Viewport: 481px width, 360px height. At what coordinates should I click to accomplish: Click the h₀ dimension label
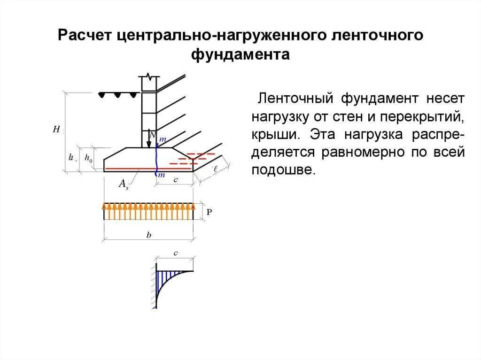click(x=88, y=159)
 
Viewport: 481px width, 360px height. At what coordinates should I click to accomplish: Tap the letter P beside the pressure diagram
click(x=209, y=212)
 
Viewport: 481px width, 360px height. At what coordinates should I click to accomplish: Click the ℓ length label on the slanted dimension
click(x=215, y=169)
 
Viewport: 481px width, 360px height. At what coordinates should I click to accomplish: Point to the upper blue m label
click(x=163, y=139)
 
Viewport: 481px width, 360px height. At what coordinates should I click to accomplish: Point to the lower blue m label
click(x=161, y=175)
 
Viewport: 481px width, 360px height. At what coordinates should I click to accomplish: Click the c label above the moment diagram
click(x=175, y=253)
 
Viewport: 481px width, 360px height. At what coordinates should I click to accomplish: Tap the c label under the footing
click(x=175, y=179)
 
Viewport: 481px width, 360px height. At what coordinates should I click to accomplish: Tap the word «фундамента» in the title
click(x=240, y=54)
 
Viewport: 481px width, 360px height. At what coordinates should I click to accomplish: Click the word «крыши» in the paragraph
click(x=276, y=133)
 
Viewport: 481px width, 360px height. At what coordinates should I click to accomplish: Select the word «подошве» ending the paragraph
click(x=282, y=170)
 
